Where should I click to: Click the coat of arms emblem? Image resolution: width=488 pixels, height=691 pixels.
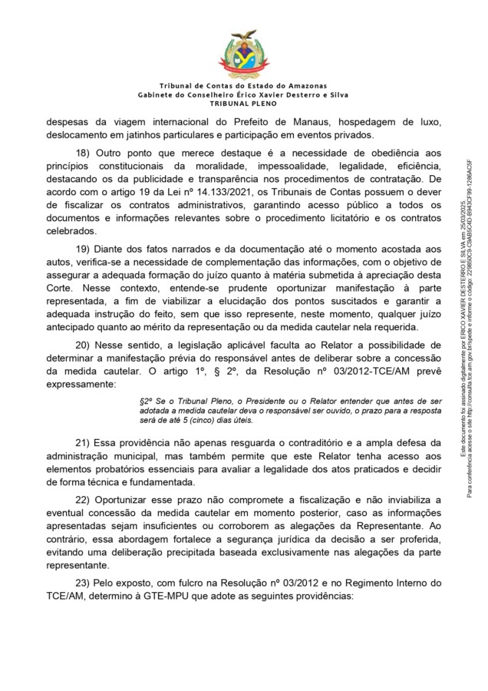coord(244,51)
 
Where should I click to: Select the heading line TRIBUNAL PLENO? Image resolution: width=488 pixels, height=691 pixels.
coord(243,103)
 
